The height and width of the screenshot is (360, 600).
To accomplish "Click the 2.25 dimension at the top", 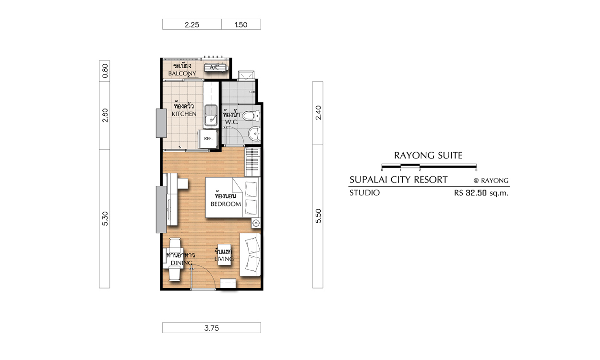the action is coord(192,24).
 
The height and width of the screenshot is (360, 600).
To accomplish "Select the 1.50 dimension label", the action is coord(241,24).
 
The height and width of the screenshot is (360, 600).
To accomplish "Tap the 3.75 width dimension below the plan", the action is coord(212,328).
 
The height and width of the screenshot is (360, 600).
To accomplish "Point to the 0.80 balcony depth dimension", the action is coord(105,71).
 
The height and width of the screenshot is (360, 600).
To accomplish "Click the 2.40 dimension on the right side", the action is coord(318,113).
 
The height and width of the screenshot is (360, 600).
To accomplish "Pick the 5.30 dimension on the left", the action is coord(105,218).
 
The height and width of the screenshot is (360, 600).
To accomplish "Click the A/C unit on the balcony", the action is coord(216,68).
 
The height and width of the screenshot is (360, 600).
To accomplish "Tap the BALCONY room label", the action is coord(182,73).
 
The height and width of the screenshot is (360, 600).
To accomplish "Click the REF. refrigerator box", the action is coord(208,139).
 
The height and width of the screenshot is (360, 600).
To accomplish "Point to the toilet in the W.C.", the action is coord(251,116).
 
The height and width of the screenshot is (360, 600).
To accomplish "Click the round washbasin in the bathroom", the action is coord(254,133).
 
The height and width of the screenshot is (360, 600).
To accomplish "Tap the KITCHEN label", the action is coord(184,114).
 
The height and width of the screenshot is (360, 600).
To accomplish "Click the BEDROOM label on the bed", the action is coord(226,204).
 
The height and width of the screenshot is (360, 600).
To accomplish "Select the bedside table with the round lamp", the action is coord(256,223).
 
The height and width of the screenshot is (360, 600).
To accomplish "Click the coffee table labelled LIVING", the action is coord(224,254).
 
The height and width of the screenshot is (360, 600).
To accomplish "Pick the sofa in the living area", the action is coord(250,254).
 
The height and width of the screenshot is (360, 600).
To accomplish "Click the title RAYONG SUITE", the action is coord(428,156).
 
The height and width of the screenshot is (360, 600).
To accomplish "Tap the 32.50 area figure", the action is coord(476,193).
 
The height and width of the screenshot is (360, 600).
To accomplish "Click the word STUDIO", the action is coord(364,193).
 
